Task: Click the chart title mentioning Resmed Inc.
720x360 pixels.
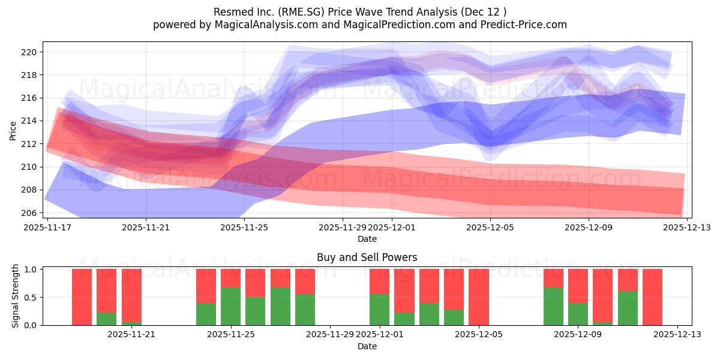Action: (x=359, y=11)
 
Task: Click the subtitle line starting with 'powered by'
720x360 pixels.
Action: (x=359, y=25)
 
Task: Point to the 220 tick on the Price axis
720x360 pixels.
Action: (x=29, y=52)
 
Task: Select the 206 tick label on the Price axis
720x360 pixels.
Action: (x=29, y=213)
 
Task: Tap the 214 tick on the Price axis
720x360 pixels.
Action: (x=29, y=121)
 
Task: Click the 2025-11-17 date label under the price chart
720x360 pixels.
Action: (x=48, y=227)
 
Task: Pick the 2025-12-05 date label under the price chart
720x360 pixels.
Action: (x=490, y=227)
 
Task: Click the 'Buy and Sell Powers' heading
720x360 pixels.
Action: (x=367, y=257)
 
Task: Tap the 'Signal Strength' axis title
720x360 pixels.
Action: (x=16, y=296)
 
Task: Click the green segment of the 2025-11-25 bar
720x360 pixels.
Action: (x=231, y=306)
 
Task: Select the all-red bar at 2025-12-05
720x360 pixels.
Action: (x=479, y=297)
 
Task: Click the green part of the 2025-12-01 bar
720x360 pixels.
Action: (x=379, y=310)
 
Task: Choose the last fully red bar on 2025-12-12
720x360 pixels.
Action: (x=652, y=297)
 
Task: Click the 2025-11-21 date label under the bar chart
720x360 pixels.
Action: (x=131, y=335)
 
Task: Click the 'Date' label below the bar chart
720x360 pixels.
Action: (x=367, y=346)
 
